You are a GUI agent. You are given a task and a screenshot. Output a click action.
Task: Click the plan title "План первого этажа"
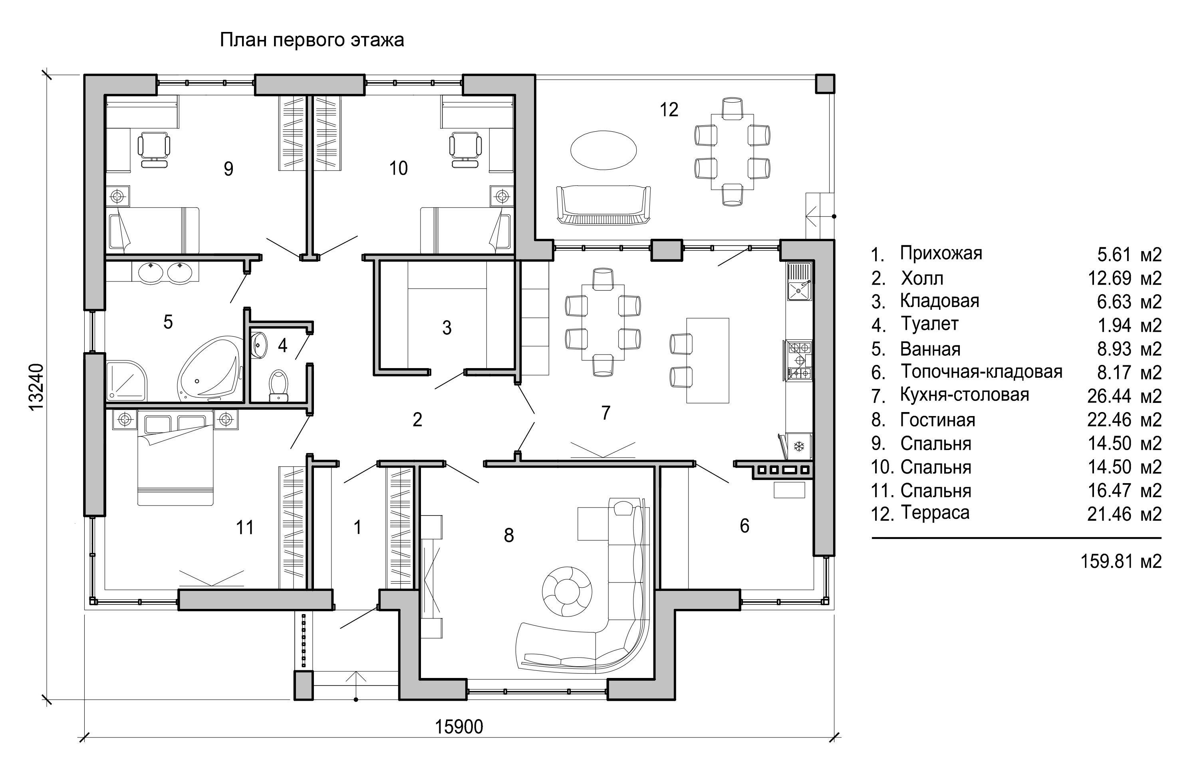click(312, 40)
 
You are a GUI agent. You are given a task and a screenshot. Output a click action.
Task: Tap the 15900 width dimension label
click(459, 727)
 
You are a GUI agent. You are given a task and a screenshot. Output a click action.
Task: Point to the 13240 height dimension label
click(37, 387)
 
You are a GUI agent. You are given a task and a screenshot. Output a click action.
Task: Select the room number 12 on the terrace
click(669, 109)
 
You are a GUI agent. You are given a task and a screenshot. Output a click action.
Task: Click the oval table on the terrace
click(603, 150)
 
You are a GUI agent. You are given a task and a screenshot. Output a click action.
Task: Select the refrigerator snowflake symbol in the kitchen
click(798, 446)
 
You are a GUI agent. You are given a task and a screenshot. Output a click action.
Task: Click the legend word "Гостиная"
click(938, 420)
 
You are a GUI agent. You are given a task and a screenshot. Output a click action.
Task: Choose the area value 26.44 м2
click(1124, 396)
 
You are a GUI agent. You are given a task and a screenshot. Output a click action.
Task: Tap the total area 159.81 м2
click(1121, 561)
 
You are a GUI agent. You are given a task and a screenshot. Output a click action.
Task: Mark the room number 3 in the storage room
click(447, 328)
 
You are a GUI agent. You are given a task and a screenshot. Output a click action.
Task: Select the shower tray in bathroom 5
click(127, 381)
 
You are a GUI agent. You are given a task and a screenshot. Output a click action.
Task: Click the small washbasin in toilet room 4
click(258, 345)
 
